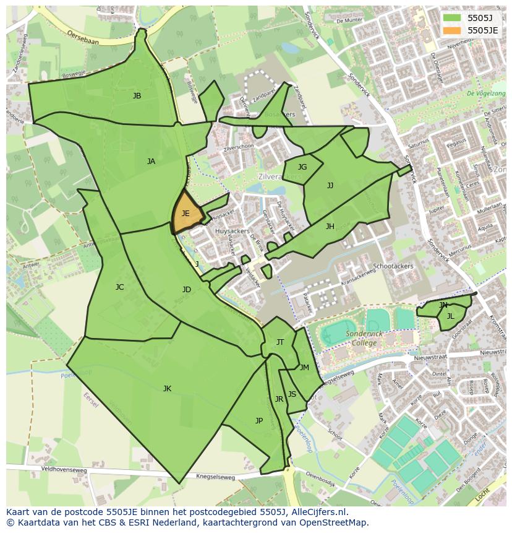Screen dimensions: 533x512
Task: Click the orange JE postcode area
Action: [x=186, y=214]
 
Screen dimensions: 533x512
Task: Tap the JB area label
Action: [x=137, y=96]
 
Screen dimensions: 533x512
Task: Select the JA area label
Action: [x=151, y=162]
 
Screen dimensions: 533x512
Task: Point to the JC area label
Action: [x=119, y=287]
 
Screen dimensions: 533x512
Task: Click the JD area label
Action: [x=187, y=290]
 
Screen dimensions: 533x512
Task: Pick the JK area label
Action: [x=167, y=389]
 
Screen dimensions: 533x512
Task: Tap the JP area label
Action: [x=259, y=421]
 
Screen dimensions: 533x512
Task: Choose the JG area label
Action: [x=302, y=167]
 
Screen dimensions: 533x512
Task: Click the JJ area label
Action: [x=330, y=185]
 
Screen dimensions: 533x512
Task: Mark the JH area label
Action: [x=330, y=227]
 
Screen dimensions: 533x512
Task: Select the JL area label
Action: [x=451, y=316]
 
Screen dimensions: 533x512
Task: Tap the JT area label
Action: [x=280, y=342]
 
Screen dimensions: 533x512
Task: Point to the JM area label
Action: [x=304, y=368]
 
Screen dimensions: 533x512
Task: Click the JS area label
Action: [x=292, y=394]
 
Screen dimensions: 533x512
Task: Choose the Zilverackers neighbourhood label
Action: [x=280, y=176]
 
